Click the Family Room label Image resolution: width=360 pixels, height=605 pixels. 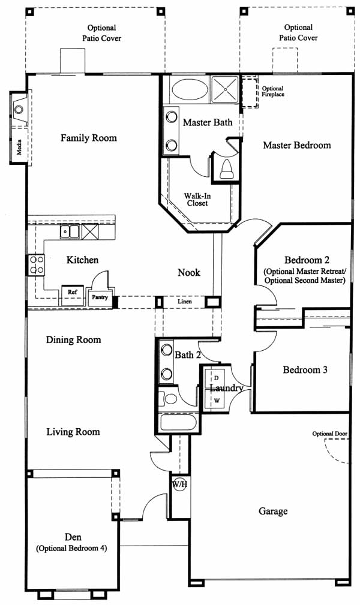click(x=88, y=138)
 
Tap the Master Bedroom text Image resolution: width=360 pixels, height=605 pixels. click(x=297, y=145)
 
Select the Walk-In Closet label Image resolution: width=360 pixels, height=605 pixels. click(x=197, y=200)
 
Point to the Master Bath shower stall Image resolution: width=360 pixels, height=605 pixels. click(x=224, y=89)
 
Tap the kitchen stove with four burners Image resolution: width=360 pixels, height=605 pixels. click(x=37, y=264)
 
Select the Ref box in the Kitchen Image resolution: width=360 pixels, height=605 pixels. click(x=73, y=295)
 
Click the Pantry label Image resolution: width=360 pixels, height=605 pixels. click(x=100, y=297)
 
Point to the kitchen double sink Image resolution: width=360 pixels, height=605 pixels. click(x=70, y=231)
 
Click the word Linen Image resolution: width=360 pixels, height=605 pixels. click(x=185, y=302)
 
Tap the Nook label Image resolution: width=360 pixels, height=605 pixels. click(x=189, y=272)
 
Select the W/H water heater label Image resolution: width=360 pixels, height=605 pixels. click(x=179, y=484)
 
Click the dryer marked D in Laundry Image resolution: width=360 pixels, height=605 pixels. click(x=217, y=378)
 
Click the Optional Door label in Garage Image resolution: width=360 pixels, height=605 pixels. click(x=330, y=434)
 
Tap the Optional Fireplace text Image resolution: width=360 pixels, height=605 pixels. click(x=273, y=92)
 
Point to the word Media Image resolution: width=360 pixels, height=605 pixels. click(x=19, y=147)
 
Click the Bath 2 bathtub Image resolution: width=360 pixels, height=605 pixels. click(x=178, y=423)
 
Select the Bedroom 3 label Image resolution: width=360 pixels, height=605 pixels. click(x=305, y=369)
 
